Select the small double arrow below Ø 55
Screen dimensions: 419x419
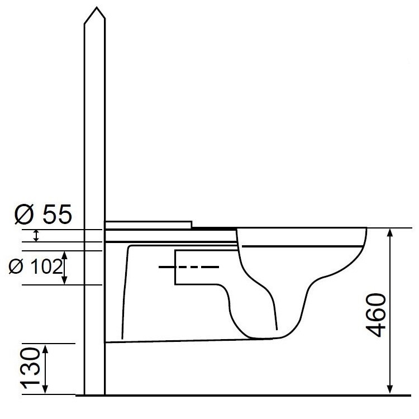click(37, 236)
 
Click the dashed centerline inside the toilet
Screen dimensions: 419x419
click(188, 268)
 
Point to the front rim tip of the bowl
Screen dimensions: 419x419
click(366, 230)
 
